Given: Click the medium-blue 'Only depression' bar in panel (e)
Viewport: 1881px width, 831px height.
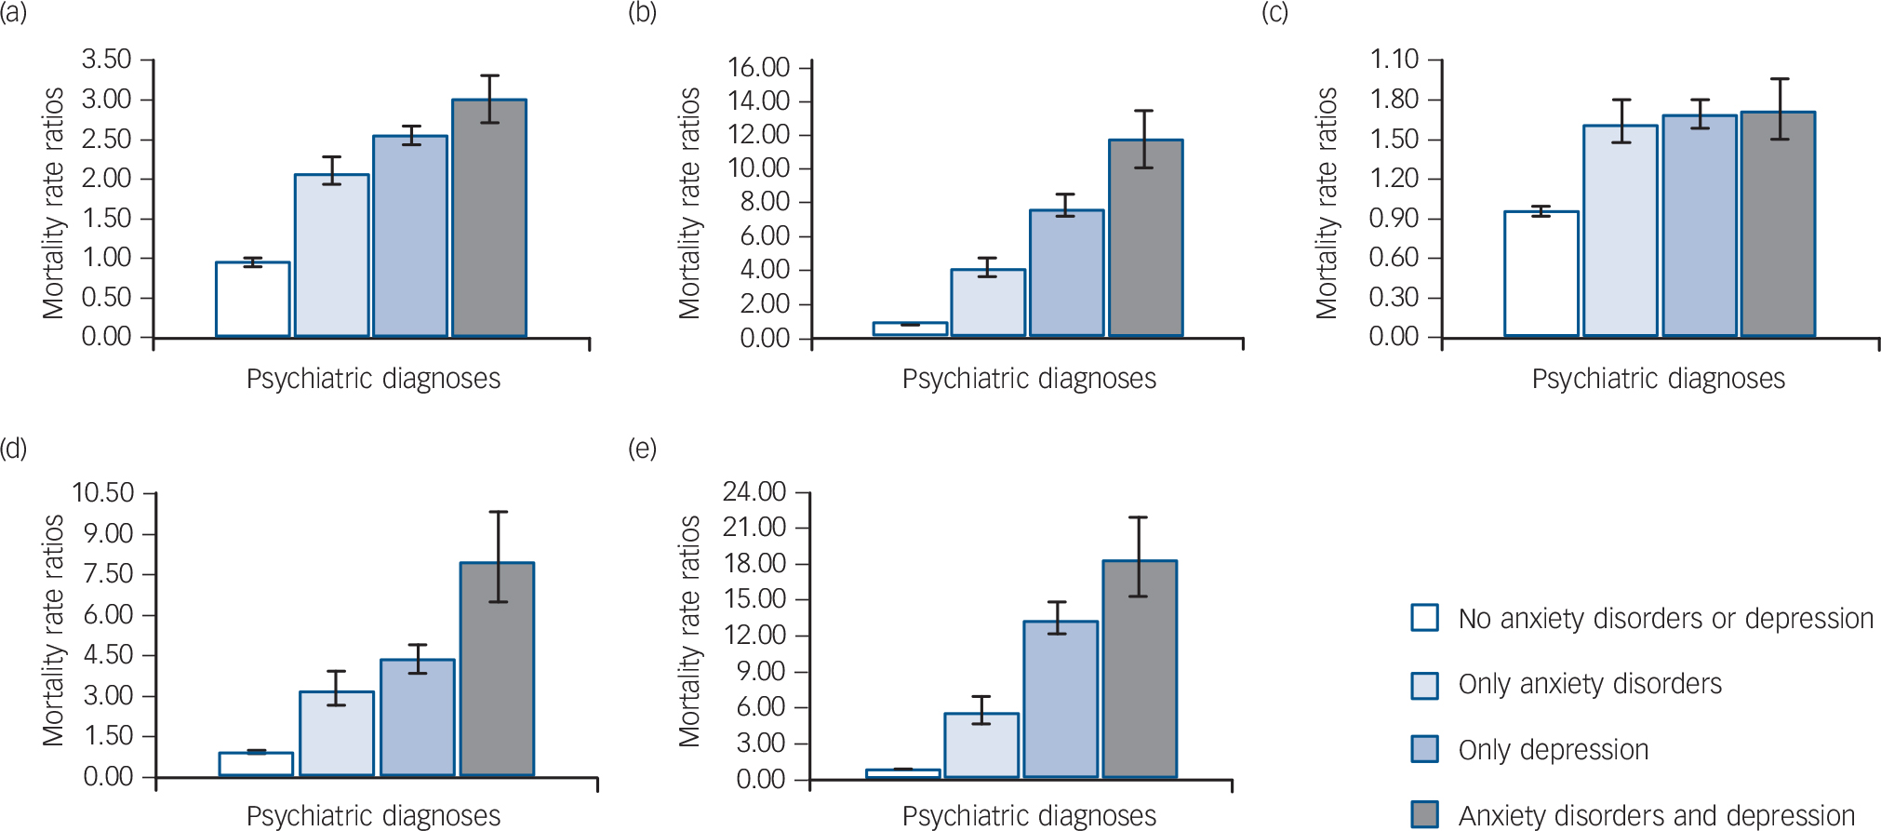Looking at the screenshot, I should (x=1061, y=698).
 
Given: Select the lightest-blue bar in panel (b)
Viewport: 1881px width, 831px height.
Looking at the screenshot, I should (x=988, y=302).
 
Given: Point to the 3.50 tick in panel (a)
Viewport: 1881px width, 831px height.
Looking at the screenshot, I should (x=106, y=60).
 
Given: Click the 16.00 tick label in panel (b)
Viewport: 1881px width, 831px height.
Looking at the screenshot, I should (x=758, y=67).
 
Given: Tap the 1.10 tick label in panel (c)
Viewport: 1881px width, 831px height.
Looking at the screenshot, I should (x=1394, y=60).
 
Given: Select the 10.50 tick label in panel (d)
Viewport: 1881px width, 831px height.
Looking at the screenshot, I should (x=103, y=492).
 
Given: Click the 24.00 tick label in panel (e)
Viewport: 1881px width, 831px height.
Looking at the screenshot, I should (x=754, y=491).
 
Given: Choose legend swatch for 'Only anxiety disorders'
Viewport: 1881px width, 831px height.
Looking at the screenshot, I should (x=1424, y=685).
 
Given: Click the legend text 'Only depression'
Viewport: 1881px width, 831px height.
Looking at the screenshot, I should (x=1553, y=750).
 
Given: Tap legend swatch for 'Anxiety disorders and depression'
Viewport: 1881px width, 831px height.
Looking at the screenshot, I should (x=1424, y=814).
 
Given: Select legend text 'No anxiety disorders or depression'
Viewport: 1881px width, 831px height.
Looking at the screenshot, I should (x=1665, y=619).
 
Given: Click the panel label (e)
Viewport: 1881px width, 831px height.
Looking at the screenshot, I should (x=642, y=449).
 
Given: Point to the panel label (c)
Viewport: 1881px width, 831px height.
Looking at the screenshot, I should (x=1274, y=13).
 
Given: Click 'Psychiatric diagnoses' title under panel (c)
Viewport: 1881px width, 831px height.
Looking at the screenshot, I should (x=1658, y=379).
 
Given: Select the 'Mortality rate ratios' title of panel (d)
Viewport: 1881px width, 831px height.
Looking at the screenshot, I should (x=53, y=630).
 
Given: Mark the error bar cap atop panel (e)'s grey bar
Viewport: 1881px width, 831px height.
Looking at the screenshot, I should (x=1138, y=517).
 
